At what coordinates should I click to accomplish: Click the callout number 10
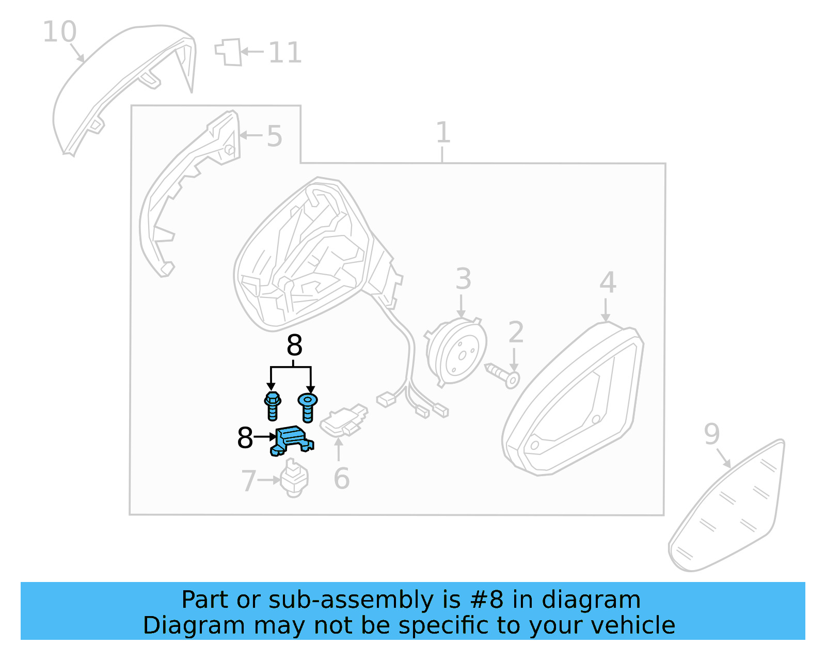coord(59,32)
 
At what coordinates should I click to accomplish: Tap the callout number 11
coord(285,53)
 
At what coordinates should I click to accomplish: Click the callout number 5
coord(274,136)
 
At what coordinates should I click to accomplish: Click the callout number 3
coord(463,279)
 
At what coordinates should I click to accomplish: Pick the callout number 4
coord(608,282)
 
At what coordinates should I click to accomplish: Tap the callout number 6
coord(341,479)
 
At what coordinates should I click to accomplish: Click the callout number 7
coord(248,481)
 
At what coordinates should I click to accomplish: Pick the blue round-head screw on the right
coord(308,406)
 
